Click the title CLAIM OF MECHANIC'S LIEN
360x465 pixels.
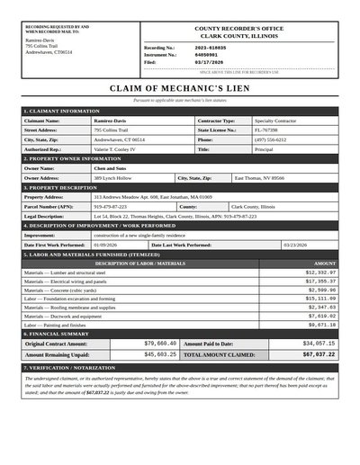(180, 89)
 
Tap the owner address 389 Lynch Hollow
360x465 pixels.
(114, 178)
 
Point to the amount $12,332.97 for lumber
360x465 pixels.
(320, 272)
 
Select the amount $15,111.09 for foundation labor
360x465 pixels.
(320, 299)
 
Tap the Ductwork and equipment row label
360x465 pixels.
(64, 316)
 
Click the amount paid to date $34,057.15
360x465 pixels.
(319, 343)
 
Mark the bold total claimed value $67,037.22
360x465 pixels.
(319, 354)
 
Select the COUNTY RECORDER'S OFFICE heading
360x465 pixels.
(239, 30)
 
